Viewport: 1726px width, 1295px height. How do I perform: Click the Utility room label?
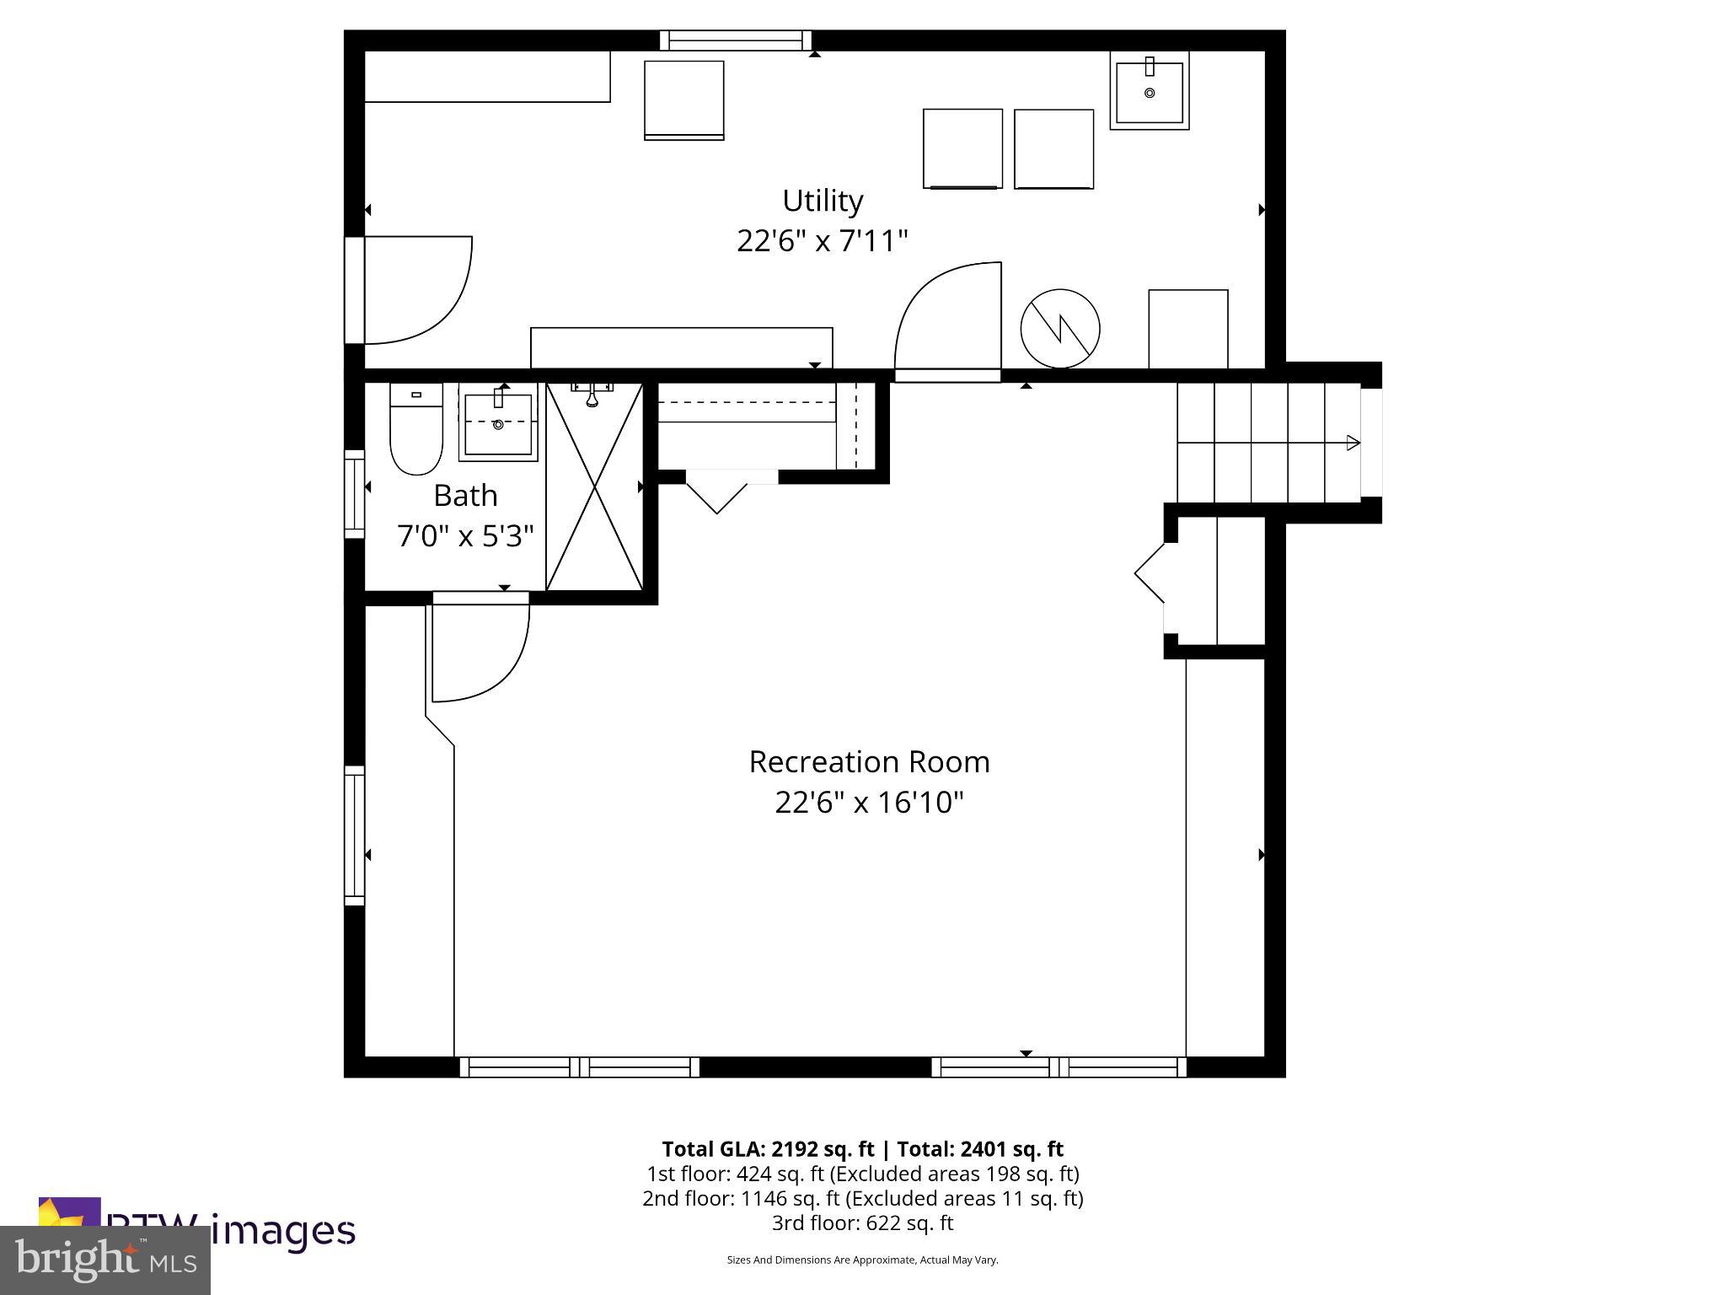pyautogui.click(x=823, y=202)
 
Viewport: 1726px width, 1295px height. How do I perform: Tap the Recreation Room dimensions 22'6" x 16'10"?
pyautogui.click(x=869, y=802)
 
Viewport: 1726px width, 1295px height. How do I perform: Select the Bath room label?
pyautogui.click(x=465, y=496)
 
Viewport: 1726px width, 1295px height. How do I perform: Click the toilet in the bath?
pyautogui.click(x=415, y=430)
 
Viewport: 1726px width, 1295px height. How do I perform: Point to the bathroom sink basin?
pyautogui.click(x=498, y=422)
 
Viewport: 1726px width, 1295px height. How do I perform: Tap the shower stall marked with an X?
pyautogui.click(x=595, y=487)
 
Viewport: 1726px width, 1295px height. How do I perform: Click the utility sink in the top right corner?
pyautogui.click(x=1149, y=91)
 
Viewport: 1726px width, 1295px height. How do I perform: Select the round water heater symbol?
pyautogui.click(x=1059, y=329)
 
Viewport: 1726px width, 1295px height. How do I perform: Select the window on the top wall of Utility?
pyautogui.click(x=735, y=40)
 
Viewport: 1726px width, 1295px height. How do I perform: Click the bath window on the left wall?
pyautogui.click(x=354, y=494)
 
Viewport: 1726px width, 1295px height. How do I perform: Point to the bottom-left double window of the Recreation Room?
pyautogui.click(x=579, y=1067)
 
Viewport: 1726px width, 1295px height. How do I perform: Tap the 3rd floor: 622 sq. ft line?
pyautogui.click(x=862, y=1222)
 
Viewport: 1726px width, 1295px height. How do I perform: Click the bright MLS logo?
pyautogui.click(x=105, y=1260)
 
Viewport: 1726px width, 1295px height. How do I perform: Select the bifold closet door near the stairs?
pyautogui.click(x=1150, y=574)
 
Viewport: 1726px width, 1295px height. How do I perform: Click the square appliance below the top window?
pyautogui.click(x=683, y=99)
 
